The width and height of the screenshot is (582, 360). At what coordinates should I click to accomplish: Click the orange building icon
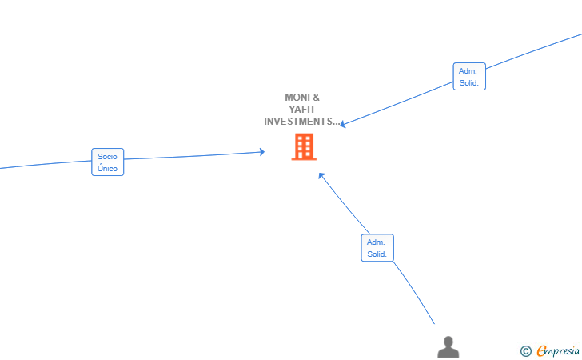tap(304, 146)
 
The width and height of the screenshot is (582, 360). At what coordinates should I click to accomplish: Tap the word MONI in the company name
tap(297, 98)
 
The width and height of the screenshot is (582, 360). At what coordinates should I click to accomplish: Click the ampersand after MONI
tap(316, 98)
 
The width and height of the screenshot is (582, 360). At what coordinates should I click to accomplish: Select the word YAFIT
tap(302, 110)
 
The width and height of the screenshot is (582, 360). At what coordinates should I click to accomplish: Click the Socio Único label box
tap(108, 162)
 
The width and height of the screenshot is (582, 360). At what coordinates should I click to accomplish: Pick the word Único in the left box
tap(107, 168)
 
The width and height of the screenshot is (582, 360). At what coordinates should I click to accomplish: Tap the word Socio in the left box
tap(107, 157)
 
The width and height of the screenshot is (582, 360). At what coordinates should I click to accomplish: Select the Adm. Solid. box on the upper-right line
tap(469, 77)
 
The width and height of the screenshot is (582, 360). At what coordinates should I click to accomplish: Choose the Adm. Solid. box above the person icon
tap(377, 248)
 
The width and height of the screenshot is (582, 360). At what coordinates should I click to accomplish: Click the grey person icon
tap(448, 347)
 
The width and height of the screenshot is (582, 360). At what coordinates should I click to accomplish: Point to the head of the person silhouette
tap(448, 341)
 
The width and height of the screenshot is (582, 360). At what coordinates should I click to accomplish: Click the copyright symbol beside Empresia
tap(526, 351)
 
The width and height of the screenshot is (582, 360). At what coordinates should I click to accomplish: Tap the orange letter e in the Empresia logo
tap(541, 350)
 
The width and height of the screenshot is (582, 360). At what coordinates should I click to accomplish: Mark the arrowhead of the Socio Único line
tap(261, 151)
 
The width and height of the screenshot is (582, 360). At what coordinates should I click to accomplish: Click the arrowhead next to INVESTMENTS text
tap(343, 125)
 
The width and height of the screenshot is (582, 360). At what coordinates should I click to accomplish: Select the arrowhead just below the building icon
tap(321, 175)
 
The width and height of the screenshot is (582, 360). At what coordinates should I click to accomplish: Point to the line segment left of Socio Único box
tap(46, 165)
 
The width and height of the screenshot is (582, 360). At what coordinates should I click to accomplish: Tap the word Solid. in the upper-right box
tap(469, 83)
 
